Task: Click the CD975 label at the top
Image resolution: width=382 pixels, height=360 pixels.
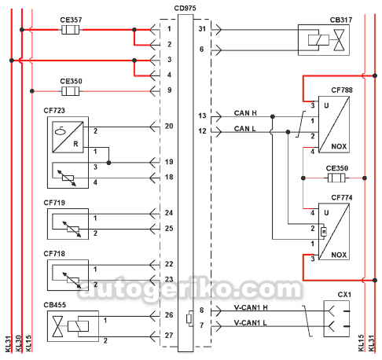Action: pos(185,8)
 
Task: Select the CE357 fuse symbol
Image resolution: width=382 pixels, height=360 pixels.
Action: pos(70,30)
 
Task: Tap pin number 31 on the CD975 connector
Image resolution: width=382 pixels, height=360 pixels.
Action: pos(202,28)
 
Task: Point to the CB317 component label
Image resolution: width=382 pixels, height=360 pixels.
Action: pos(341,20)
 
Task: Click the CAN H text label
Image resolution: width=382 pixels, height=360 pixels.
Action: pos(245,113)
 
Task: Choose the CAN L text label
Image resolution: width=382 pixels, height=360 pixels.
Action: pos(244,129)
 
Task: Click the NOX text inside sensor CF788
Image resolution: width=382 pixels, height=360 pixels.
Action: pos(339,146)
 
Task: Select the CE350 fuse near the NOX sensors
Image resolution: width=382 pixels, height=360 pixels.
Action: pos(336,178)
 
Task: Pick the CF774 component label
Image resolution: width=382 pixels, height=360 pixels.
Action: pos(342,197)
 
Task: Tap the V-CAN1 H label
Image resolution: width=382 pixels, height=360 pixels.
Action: pos(251,307)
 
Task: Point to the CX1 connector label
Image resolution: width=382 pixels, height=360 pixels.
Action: pos(344,295)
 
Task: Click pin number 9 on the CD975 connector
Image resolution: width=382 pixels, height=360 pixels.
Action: pos(170,90)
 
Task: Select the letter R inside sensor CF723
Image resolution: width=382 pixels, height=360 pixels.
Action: pos(75,144)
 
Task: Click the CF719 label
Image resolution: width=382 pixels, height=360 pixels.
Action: pos(54,203)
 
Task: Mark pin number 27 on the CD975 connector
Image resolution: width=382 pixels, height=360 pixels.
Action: pos(169,336)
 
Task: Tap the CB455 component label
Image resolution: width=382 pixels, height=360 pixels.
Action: pos(54,305)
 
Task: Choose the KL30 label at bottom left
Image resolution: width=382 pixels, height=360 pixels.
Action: pos(18,343)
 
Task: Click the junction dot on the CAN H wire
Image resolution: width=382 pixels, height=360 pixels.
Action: pos(273,116)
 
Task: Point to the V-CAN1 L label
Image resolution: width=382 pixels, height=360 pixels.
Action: pos(250,323)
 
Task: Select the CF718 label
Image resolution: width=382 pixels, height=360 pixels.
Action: pos(54,254)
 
